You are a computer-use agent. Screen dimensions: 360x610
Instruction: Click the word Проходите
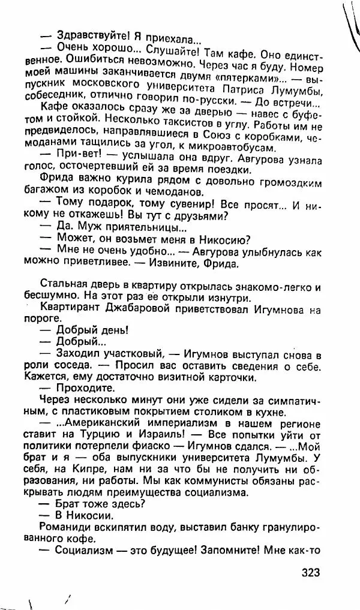pyautogui.click(x=83, y=388)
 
